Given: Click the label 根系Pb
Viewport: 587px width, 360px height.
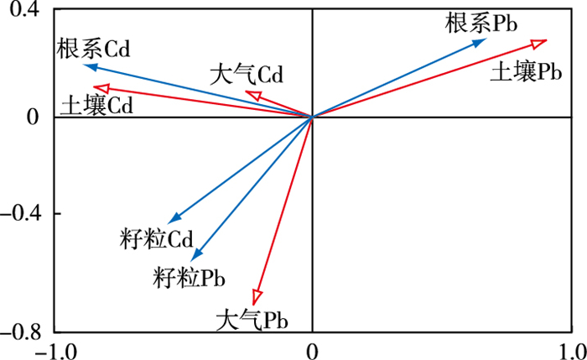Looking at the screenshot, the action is tap(481, 23).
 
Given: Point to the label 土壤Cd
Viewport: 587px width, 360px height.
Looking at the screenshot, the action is tap(97, 107).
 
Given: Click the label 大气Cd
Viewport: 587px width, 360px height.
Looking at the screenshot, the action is tap(247, 75).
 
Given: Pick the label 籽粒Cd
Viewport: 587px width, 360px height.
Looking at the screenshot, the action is tap(157, 239).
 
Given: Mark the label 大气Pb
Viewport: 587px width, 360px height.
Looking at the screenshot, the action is tap(252, 320).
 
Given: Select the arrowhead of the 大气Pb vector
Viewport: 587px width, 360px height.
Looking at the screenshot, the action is tap(257, 298).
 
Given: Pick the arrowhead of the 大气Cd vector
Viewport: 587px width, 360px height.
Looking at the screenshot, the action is tap(252, 96).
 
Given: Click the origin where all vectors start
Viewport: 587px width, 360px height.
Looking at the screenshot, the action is tap(312, 117).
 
